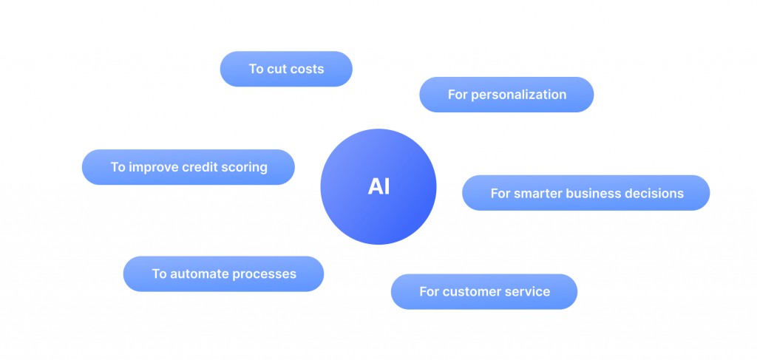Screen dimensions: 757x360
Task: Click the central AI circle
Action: pyautogui.click(x=378, y=187)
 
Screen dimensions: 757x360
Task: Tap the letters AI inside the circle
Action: pyautogui.click(x=378, y=187)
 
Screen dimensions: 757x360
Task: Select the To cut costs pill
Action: pyautogui.click(x=286, y=69)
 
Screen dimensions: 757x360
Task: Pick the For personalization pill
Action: pyautogui.click(x=506, y=95)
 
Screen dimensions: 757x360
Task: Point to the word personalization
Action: pyautogui.click(x=518, y=95)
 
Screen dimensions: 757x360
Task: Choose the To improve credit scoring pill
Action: pyautogui.click(x=189, y=167)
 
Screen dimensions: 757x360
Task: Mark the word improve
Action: pyautogui.click(x=154, y=168)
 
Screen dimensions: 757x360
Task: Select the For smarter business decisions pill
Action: pyautogui.click(x=586, y=193)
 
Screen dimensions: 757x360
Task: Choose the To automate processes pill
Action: pyautogui.click(x=223, y=274)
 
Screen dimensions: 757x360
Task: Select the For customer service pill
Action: pyautogui.click(x=484, y=291)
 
